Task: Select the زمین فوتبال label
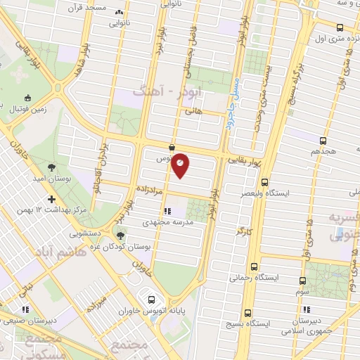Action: [x=26, y=110]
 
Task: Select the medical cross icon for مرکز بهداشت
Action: [x=52, y=199]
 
